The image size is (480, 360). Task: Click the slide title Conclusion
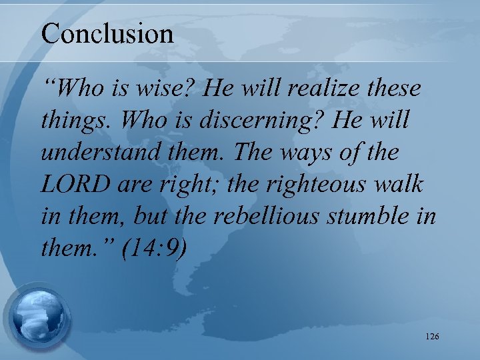107,33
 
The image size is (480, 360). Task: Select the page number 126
431,337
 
